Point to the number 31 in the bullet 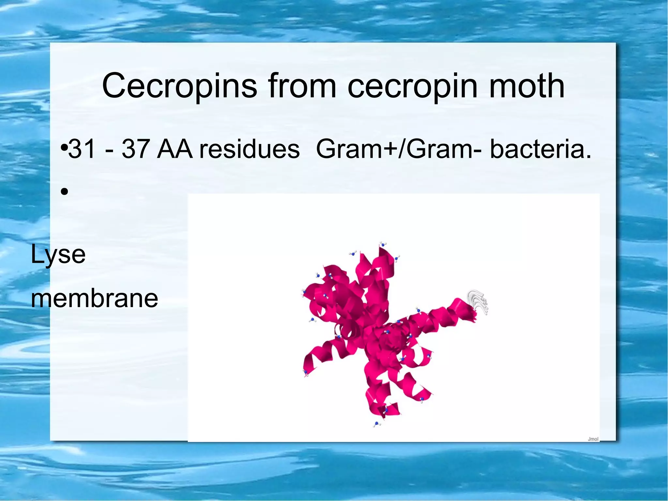(81, 149)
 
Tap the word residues (250, 149)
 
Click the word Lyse (58, 255)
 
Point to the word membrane (94, 298)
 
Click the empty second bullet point (64, 192)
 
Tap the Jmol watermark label (593, 439)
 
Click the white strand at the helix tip (478, 301)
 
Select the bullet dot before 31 (64, 149)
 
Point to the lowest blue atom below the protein (377, 424)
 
